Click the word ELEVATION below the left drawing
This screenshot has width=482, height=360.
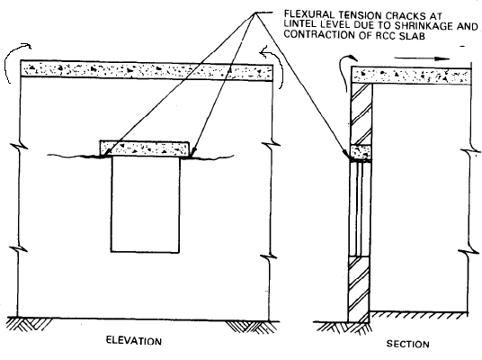tap(134, 341)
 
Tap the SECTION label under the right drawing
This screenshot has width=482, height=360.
tap(407, 344)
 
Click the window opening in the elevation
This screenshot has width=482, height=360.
tap(145, 204)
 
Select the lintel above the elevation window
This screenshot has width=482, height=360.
tap(144, 148)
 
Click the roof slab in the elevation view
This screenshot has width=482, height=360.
tap(147, 70)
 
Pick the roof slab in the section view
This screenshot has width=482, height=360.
tap(411, 76)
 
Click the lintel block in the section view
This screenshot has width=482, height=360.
tap(361, 152)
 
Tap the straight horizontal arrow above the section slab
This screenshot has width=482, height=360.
tap(422, 58)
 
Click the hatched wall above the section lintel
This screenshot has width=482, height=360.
tap(361, 114)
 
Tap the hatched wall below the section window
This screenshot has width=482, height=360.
tap(359, 288)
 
